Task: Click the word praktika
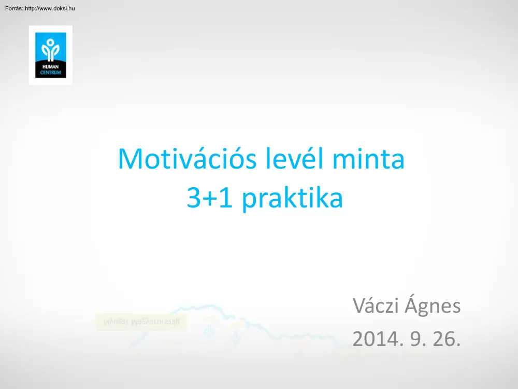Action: [x=292, y=198]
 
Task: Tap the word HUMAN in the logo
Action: [x=50, y=67]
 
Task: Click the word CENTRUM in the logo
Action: [x=50, y=72]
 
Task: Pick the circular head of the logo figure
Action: [x=51, y=43]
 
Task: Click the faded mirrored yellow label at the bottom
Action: [x=141, y=322]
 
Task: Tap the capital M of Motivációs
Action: [x=130, y=159]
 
